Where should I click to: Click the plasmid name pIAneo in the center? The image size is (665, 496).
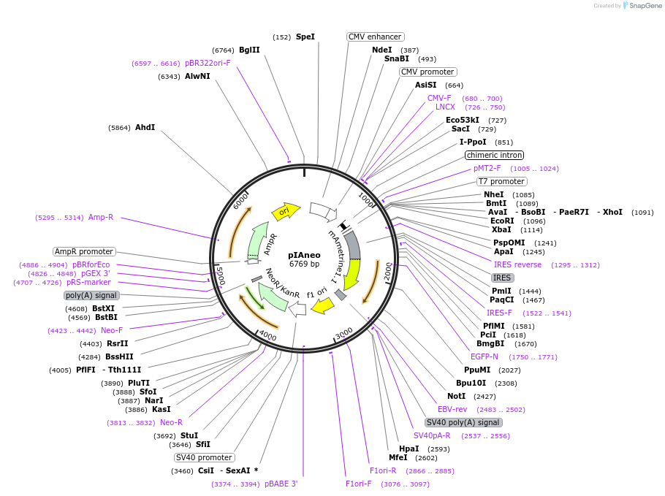pos(303,255)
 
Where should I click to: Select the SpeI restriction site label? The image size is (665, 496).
pos(305,37)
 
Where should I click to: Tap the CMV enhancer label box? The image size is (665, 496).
pos(376,37)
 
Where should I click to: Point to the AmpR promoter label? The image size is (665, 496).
pos(83,251)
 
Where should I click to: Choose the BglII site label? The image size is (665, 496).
pos(249,50)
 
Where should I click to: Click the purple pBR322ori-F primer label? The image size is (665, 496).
pos(208,63)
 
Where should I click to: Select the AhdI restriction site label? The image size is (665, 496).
pos(145,127)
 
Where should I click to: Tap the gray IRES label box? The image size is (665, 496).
pos(502,278)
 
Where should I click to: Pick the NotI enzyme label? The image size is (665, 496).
pos(457,396)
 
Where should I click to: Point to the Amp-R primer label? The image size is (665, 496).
pos(101,217)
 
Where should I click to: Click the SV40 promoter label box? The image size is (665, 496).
pos(204,457)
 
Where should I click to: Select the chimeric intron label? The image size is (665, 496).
pos(495,155)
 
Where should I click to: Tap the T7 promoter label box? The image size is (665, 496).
pos(501,181)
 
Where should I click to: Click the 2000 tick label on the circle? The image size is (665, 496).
pos(387,271)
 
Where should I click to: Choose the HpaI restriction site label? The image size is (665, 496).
pos(408,449)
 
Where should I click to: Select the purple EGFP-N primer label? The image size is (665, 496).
pos(484,356)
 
